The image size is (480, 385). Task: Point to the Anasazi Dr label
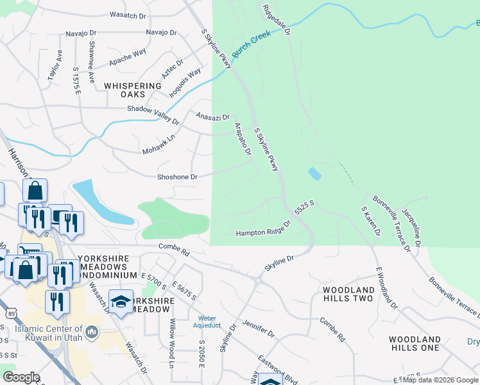pos(212,117)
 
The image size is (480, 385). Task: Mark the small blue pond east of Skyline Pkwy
pos(314,174)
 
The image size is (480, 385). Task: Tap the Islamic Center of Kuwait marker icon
pos(92,332)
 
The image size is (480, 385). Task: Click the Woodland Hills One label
pos(414,343)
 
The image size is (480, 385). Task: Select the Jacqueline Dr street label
pos(411,226)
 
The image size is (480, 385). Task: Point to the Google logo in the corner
pos(21,377)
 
